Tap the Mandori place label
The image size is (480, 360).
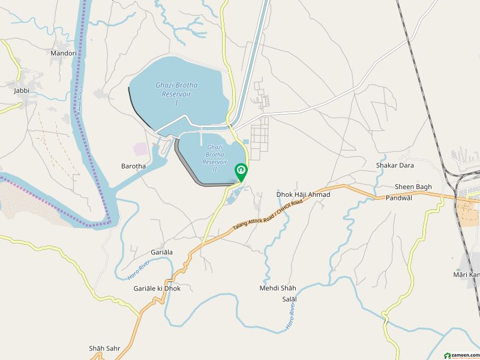tap(63, 53)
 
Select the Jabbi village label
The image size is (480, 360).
tap(22, 91)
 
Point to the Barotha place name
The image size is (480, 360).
tap(134, 166)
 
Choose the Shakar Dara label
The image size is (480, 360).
tap(395, 165)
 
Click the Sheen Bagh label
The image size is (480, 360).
tap(413, 187)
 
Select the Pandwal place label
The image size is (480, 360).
tap(400, 197)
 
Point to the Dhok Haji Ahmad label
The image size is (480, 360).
tap(303, 194)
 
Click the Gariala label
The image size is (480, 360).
tap(161, 253)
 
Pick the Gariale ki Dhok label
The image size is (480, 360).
tap(157, 289)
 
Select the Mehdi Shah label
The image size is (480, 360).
tap(278, 288)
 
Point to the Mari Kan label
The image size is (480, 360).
tap(467, 274)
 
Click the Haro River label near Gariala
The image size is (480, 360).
tap(139, 272)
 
